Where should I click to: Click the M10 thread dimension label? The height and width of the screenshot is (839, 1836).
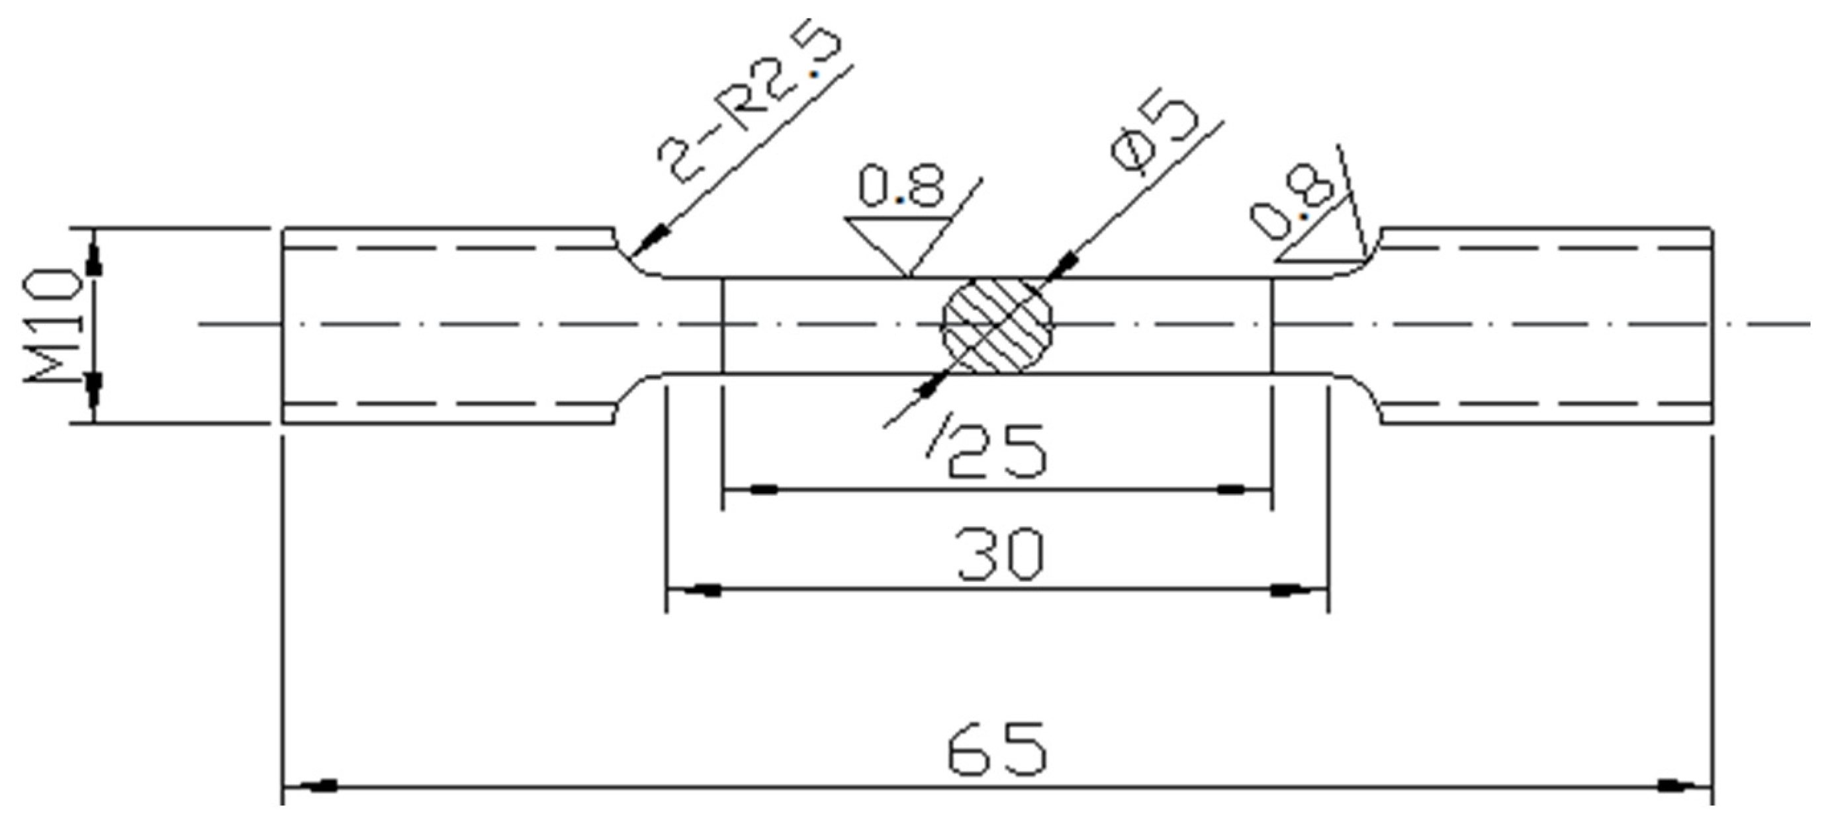[54, 325]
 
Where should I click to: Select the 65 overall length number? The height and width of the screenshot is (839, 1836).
[998, 749]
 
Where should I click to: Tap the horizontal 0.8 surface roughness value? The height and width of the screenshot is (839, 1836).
[901, 186]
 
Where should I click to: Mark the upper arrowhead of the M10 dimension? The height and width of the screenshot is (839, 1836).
[93, 260]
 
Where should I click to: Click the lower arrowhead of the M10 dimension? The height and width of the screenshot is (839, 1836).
[93, 388]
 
